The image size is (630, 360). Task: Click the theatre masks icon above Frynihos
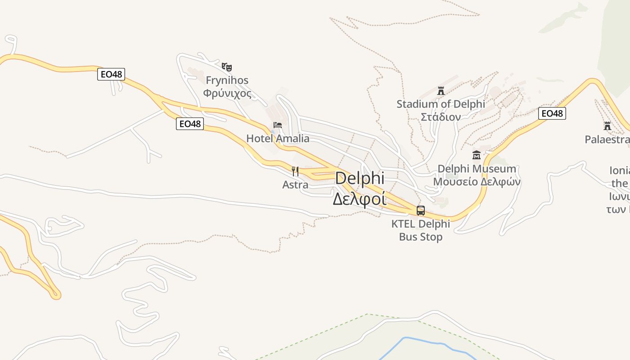(227, 67)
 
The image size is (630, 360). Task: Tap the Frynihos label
(227, 80)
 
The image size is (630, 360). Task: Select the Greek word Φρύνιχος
(227, 93)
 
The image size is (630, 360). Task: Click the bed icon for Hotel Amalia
(278, 125)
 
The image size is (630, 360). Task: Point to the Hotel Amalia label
(278, 138)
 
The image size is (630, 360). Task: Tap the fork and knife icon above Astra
(295, 171)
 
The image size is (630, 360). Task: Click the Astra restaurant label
(295, 184)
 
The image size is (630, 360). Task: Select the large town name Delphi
(360, 178)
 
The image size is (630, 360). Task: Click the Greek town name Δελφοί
(360, 198)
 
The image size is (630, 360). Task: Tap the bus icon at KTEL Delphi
(421, 210)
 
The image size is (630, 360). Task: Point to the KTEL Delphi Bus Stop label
(421, 230)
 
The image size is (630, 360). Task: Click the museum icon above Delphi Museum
(477, 155)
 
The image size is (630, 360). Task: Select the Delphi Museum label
(477, 169)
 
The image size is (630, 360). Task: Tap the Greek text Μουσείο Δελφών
(477, 182)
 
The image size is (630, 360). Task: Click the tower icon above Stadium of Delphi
(441, 91)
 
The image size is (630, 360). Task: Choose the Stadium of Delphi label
(441, 104)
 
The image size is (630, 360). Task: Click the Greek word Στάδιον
(441, 117)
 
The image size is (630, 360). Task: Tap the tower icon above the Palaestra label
(607, 126)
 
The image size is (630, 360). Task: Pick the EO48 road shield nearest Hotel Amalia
(190, 123)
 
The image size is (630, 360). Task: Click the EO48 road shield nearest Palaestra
(552, 113)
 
